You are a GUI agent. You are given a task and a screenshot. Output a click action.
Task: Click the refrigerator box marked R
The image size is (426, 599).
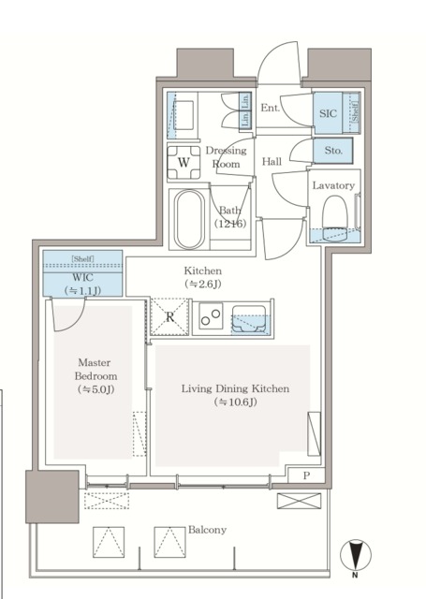pos(169,316)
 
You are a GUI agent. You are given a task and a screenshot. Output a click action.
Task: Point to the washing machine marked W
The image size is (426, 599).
pos(184,162)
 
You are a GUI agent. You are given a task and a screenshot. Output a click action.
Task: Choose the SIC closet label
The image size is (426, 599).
pos(328,112)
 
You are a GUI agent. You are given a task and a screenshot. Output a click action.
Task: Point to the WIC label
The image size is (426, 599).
pos(81,278)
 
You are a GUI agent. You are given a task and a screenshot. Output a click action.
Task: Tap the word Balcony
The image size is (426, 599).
pos(206,530)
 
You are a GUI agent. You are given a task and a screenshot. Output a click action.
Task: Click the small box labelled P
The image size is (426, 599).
pos(306,475)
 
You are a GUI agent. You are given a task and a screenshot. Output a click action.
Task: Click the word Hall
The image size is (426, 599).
pos(272,161)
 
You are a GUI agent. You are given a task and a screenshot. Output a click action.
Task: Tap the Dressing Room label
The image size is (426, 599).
pos(226,156)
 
